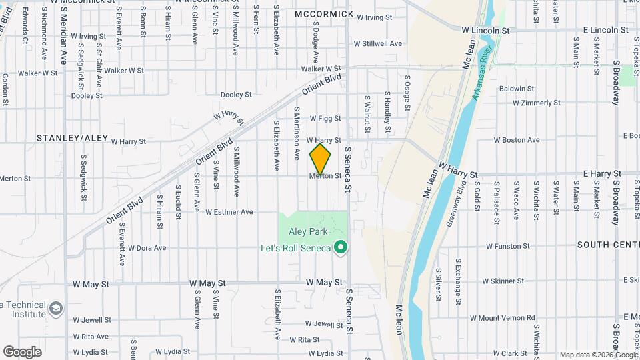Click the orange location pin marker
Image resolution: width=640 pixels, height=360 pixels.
(321, 159)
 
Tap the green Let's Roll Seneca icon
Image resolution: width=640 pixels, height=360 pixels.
(341, 249)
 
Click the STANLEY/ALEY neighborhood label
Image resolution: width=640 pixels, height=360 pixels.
(72, 138)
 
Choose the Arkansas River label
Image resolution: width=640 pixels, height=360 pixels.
(483, 74)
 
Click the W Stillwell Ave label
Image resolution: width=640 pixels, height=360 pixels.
(377, 44)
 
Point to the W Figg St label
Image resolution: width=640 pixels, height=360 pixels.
(325, 118)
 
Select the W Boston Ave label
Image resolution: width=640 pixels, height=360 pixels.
(516, 140)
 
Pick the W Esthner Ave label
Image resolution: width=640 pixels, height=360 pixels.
(229, 212)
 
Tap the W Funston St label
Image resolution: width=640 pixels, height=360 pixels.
(507, 246)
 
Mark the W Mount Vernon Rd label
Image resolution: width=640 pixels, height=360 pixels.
(502, 318)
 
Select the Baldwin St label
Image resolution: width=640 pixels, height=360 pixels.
(517, 88)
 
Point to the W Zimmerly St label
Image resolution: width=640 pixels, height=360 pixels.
(536, 103)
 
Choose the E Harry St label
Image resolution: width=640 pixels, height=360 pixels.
(601, 173)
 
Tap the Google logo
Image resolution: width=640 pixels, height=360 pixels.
(22, 351)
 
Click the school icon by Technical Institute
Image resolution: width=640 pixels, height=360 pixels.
(56, 308)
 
